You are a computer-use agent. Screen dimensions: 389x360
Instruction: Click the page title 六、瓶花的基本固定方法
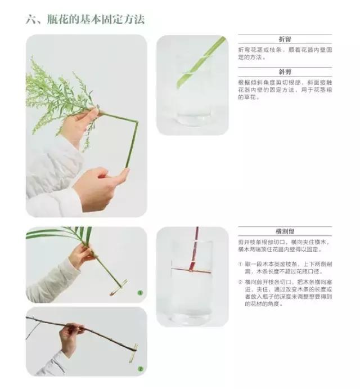pos(85,20)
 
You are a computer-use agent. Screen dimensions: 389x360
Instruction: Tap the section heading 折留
pos(285,39)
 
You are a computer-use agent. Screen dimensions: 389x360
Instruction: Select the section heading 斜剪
pos(285,73)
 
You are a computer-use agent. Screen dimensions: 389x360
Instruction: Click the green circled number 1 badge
pos(140,293)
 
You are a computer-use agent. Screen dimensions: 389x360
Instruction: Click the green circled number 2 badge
pos(141,369)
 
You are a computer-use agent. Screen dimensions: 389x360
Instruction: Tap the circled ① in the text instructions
pos(240,263)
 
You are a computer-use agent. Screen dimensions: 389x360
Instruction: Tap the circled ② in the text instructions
pos(240,282)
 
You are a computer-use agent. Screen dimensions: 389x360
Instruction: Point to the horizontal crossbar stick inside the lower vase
pos(191,269)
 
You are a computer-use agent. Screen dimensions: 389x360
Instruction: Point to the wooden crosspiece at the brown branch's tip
pos(133,353)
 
